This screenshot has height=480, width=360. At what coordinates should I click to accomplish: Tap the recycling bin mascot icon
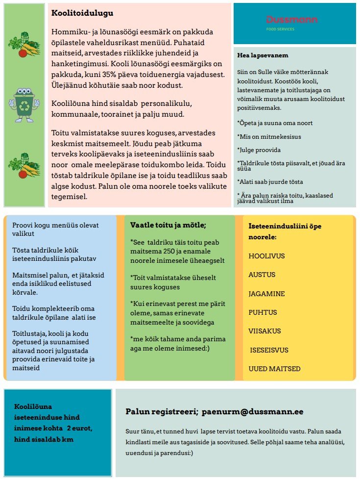coord(24,101)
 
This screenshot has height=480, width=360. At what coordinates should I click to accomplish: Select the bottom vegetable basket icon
coord(24,165)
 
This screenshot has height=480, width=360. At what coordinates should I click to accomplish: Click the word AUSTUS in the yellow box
coord(262,275)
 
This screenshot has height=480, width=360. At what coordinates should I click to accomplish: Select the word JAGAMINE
coord(267,294)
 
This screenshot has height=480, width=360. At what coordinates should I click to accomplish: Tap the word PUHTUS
coord(263,312)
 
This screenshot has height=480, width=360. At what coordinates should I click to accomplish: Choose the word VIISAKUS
coord(265,331)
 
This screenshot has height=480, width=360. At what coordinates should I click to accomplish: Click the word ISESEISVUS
coord(269,350)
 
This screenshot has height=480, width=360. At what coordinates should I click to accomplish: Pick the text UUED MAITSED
coord(274,369)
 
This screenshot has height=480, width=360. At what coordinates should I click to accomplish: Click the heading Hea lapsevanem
coord(263,55)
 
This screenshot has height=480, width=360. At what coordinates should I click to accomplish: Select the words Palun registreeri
coord(161,412)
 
